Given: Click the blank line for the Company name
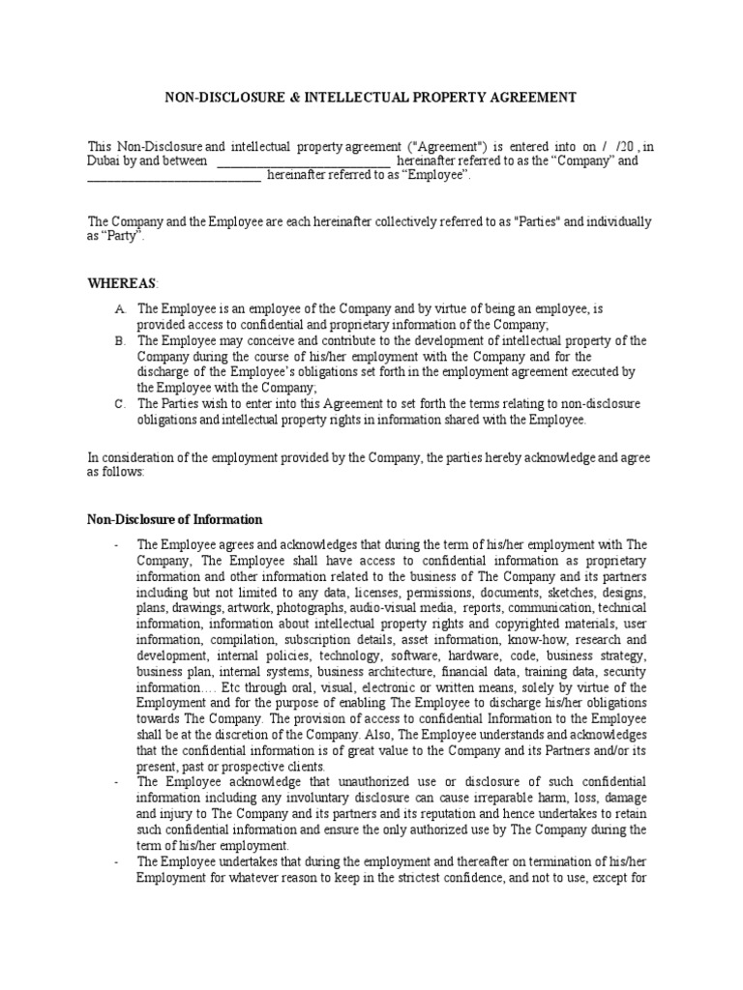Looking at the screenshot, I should [301, 161].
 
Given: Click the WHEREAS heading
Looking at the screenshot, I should [121, 281].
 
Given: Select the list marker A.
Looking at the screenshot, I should [120, 309].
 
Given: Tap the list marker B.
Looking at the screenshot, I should [120, 341].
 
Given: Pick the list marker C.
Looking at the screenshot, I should [120, 404].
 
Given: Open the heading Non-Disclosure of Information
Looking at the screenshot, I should [175, 519].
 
